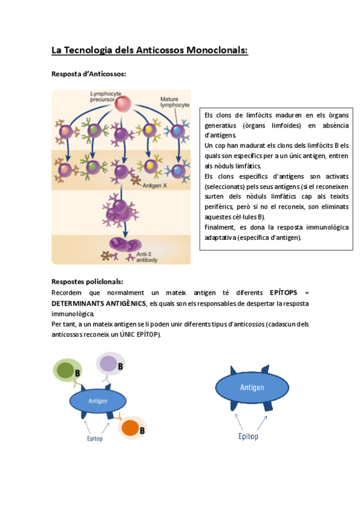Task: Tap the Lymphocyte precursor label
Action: point(106,97)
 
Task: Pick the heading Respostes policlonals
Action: point(87,281)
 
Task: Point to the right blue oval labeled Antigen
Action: point(252,388)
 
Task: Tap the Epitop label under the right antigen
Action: point(248,436)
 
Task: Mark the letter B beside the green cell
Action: point(78,373)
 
